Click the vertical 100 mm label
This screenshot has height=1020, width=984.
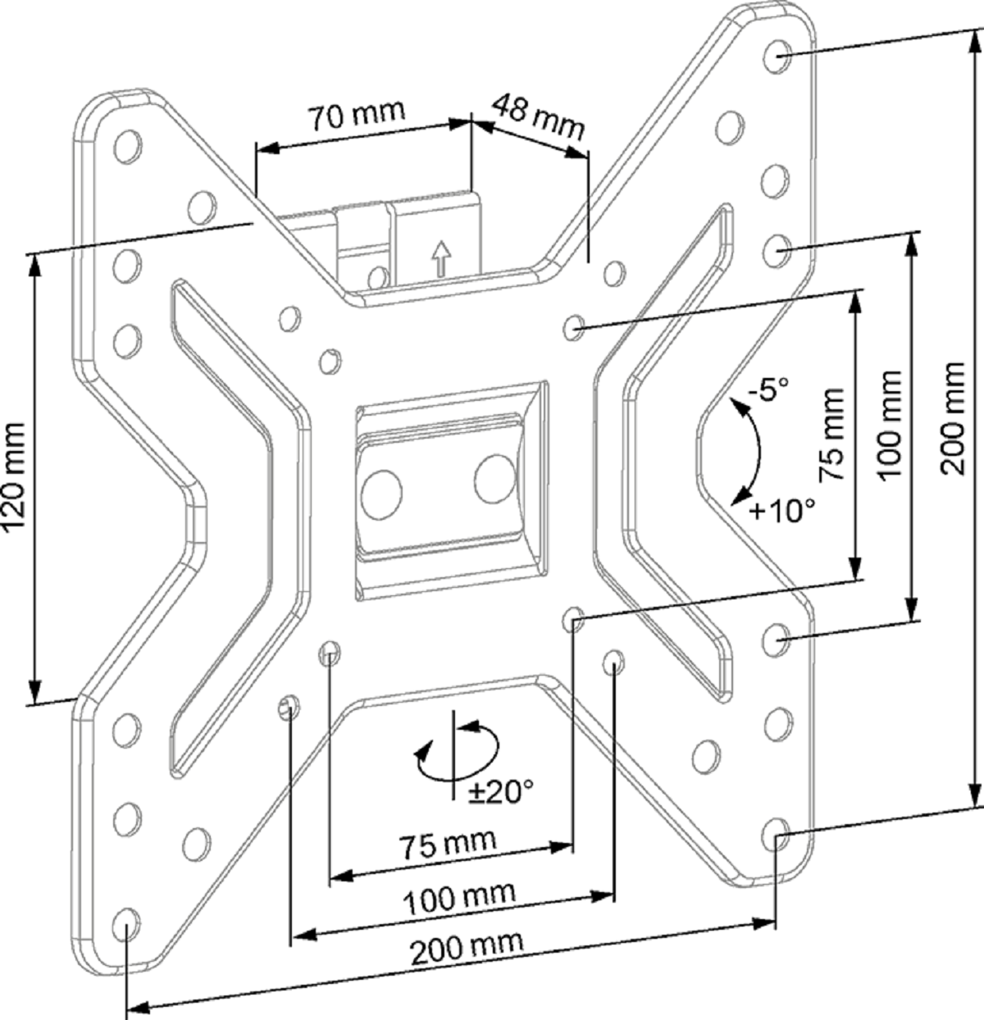point(890,424)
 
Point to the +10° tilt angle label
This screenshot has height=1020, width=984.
point(782,510)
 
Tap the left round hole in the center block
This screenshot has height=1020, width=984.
point(382,494)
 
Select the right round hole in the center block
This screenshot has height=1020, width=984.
point(494,480)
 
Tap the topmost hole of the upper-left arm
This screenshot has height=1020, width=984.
point(128,145)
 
